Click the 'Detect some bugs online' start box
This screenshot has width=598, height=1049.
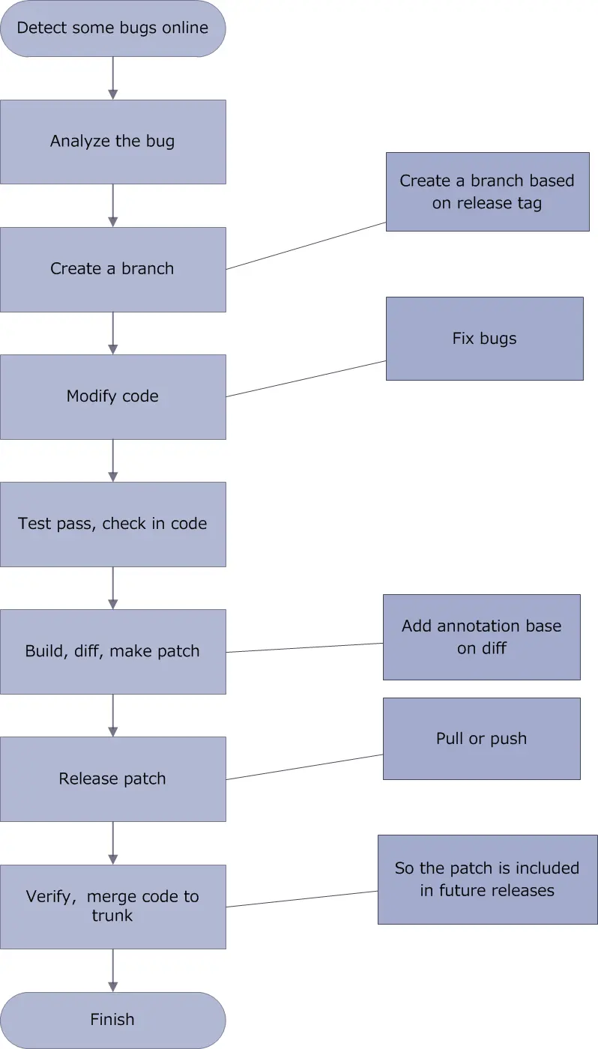point(112,28)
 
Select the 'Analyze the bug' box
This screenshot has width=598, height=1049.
point(112,142)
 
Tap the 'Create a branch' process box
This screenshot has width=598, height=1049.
point(112,269)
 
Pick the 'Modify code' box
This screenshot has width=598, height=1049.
point(112,396)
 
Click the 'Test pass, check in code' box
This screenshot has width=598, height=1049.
point(112,524)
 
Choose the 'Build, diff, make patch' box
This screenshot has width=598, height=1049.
point(112,651)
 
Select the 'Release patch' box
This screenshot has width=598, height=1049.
point(112,779)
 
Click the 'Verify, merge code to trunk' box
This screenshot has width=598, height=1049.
point(112,906)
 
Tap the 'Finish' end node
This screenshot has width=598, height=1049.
point(112,1020)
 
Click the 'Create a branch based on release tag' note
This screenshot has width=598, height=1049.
point(487,192)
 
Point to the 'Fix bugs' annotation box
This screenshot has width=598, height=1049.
point(484,339)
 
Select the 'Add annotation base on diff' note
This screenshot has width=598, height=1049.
point(481,637)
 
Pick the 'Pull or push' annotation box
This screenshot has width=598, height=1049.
point(481,739)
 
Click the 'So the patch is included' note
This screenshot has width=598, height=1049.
point(487,879)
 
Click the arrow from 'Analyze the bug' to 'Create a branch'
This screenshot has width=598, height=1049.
point(113,205)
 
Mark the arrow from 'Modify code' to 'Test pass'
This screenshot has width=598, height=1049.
point(113,460)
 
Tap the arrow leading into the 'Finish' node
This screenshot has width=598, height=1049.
point(113,970)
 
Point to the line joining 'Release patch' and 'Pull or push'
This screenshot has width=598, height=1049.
point(304,767)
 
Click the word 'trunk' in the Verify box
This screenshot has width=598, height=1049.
point(112,916)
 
